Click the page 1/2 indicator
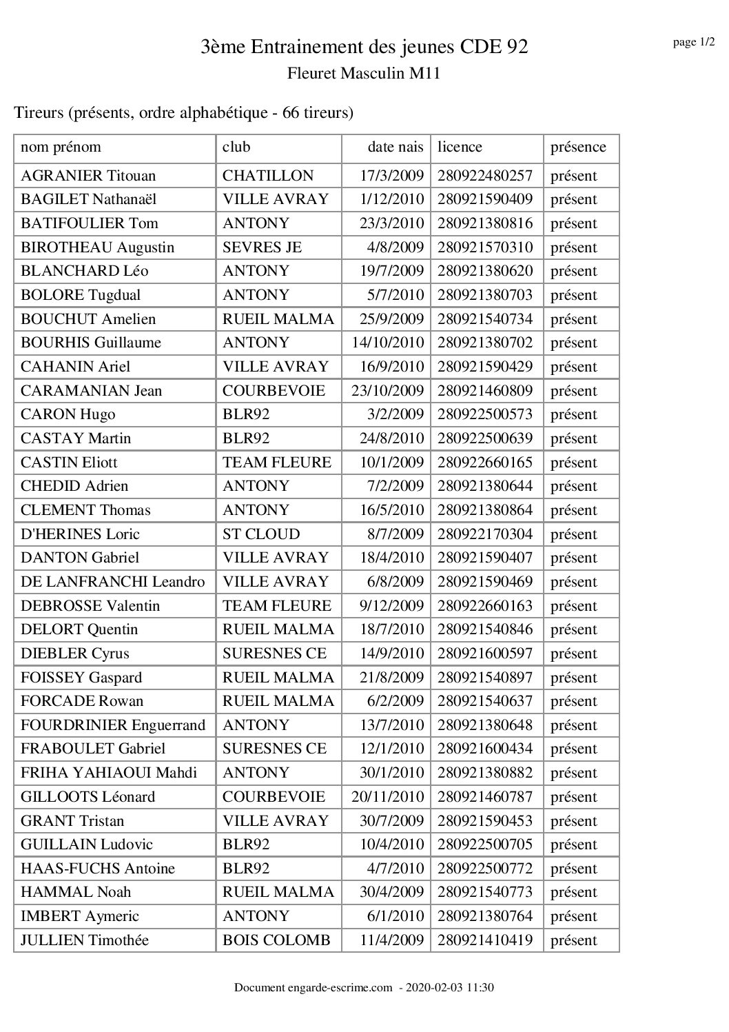(693, 43)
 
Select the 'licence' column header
(460, 147)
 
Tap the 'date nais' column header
(396, 147)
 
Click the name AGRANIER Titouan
(88, 176)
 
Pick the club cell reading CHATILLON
(267, 176)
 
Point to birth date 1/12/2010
(391, 199)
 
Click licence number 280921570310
(485, 247)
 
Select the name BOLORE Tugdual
(81, 295)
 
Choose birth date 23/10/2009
(387, 391)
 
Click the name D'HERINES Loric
(81, 534)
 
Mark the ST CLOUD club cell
(261, 534)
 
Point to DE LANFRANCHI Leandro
(113, 582)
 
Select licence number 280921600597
(485, 654)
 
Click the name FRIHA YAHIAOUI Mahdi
(109, 773)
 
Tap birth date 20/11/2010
(387, 797)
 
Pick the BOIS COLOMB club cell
(276, 940)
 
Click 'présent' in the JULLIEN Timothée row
(573, 940)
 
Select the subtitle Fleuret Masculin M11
(364, 73)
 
